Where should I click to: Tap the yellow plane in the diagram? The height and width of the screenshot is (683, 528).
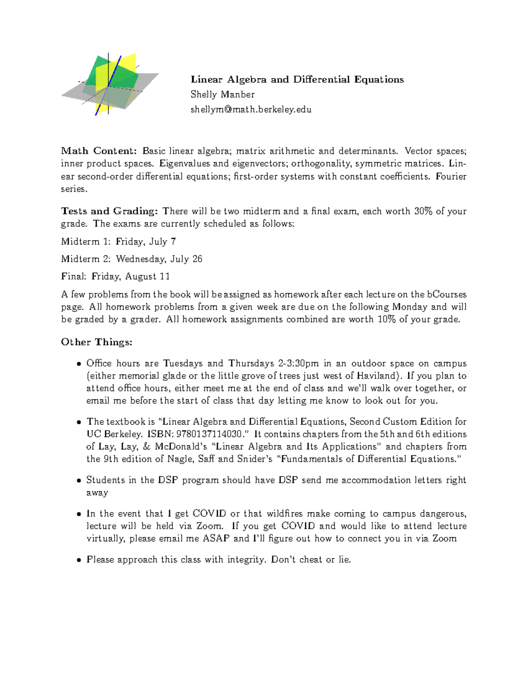pyautogui.click(x=128, y=64)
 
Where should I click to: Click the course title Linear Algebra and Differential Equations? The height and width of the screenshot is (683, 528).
pyautogui.click(x=297, y=80)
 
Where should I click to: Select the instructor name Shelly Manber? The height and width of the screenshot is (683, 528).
pyautogui.click(x=222, y=95)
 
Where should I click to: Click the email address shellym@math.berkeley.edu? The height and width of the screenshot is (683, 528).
pyautogui.click(x=251, y=110)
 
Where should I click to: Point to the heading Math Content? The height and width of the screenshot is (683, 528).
pyautogui.click(x=99, y=151)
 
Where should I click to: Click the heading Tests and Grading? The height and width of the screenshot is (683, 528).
pyautogui.click(x=109, y=211)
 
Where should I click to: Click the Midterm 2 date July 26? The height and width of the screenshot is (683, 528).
pyautogui.click(x=186, y=259)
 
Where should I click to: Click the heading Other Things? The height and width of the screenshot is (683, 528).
pyautogui.click(x=97, y=342)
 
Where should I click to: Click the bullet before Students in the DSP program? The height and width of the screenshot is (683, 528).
pyautogui.click(x=79, y=481)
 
